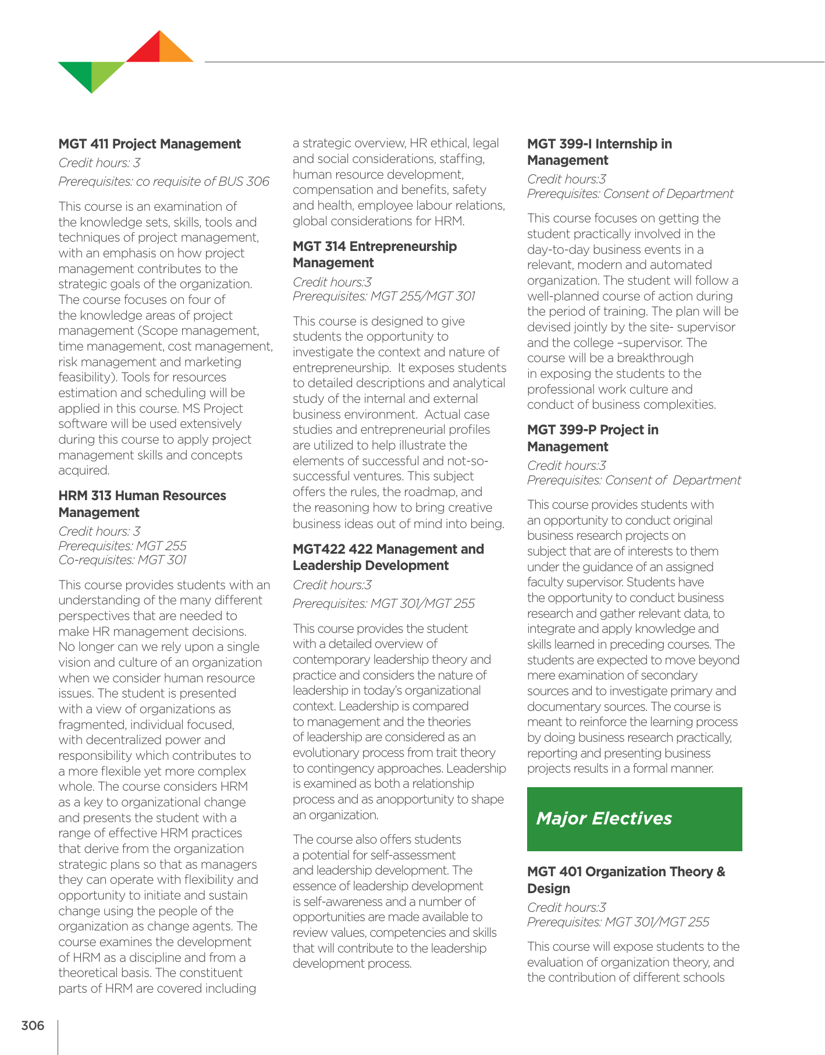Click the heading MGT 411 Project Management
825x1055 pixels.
point(150,144)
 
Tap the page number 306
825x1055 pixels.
point(33,1025)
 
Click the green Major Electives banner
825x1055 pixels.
point(634,819)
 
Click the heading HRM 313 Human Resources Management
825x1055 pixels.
point(142,504)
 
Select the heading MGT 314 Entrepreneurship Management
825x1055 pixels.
point(375,254)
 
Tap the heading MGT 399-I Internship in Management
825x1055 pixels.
point(599,152)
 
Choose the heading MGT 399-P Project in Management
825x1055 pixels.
point(592,438)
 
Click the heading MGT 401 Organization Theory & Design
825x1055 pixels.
point(626,880)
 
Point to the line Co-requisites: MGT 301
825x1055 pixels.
point(123,560)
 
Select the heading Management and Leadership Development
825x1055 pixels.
point(388,557)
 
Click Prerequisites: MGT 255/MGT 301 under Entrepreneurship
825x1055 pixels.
point(384,296)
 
